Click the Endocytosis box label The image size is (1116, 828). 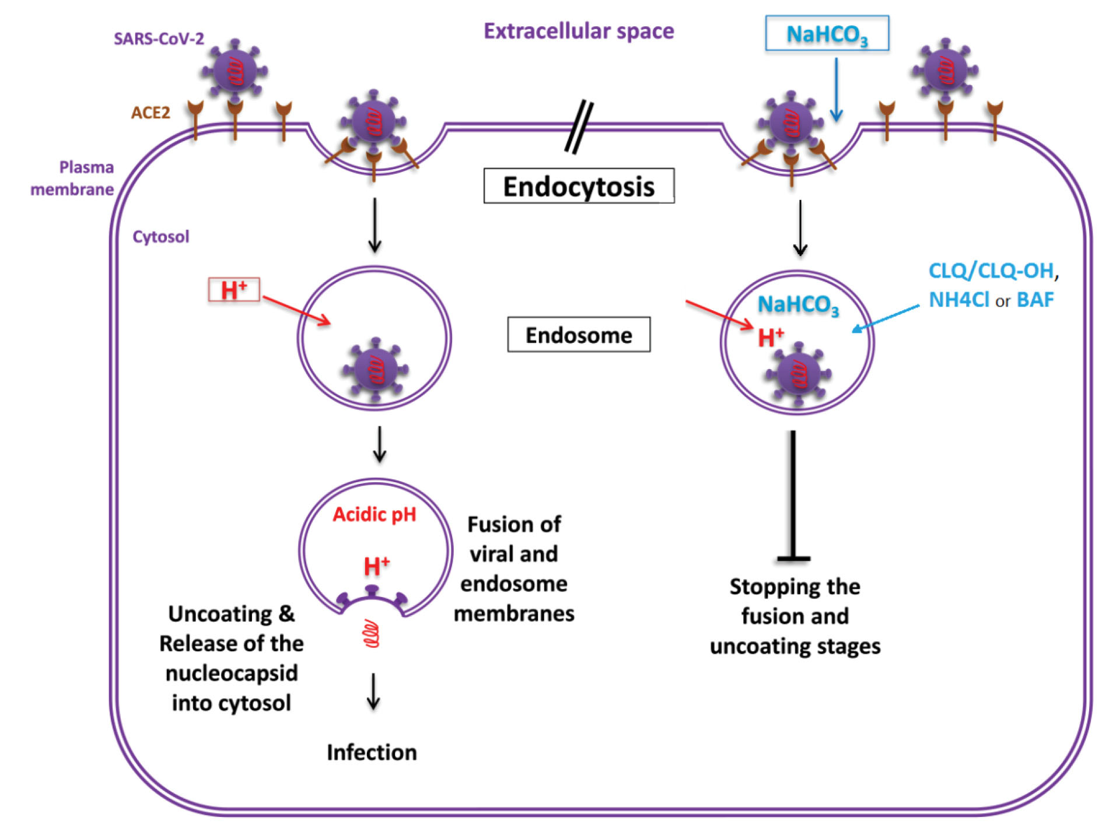(578, 186)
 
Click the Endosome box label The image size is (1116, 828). (578, 335)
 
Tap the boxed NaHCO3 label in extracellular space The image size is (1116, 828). (826, 34)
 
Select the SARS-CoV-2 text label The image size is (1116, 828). (159, 38)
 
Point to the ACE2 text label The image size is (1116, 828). (151, 113)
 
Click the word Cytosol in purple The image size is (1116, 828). (160, 237)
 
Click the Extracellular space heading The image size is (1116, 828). (578, 31)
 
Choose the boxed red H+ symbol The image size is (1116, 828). (233, 290)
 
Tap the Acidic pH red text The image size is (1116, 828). (374, 514)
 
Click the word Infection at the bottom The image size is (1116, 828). (372, 752)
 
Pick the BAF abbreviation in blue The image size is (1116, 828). (1035, 300)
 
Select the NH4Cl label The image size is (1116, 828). (958, 300)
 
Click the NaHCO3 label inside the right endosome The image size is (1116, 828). (797, 304)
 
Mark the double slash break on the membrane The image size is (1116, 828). (579, 127)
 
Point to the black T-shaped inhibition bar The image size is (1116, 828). (793, 496)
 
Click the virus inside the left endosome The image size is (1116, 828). (375, 370)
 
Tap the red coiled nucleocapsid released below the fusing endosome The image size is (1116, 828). (372, 634)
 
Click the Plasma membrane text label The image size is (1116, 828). (72, 178)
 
